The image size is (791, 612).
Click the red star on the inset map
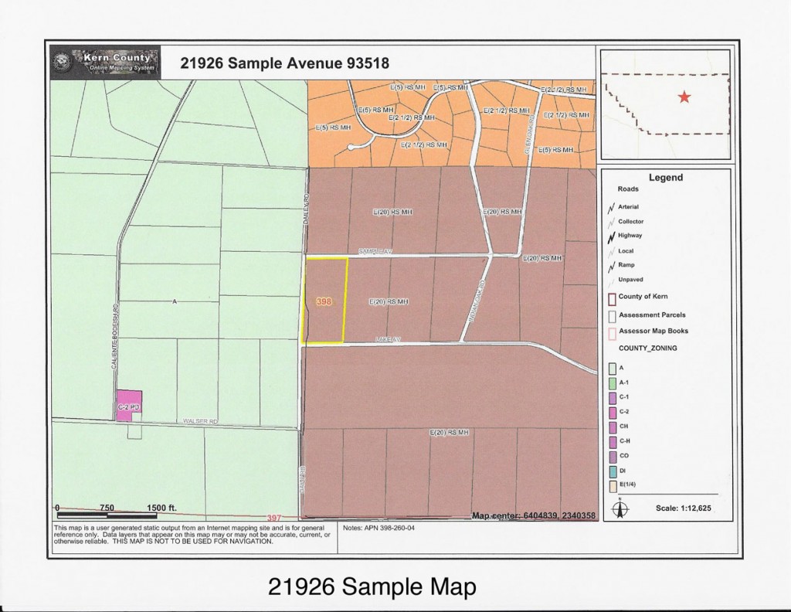(x=684, y=97)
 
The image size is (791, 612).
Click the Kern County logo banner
(x=104, y=62)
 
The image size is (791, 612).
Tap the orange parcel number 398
(x=324, y=303)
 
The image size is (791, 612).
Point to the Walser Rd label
(x=201, y=421)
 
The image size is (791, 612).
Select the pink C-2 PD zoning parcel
(x=128, y=405)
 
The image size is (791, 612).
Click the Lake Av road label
(x=389, y=339)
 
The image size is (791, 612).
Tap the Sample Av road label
(x=376, y=252)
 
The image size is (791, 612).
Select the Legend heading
(x=665, y=177)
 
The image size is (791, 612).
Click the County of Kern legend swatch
(x=611, y=297)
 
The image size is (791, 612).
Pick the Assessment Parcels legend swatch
(x=611, y=315)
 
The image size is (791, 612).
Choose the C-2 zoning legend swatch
(x=611, y=412)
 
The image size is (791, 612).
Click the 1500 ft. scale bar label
(x=161, y=508)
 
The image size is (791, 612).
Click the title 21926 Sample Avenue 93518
(x=284, y=63)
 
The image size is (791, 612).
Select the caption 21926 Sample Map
(x=372, y=586)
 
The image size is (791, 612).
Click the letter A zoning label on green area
(x=175, y=301)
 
